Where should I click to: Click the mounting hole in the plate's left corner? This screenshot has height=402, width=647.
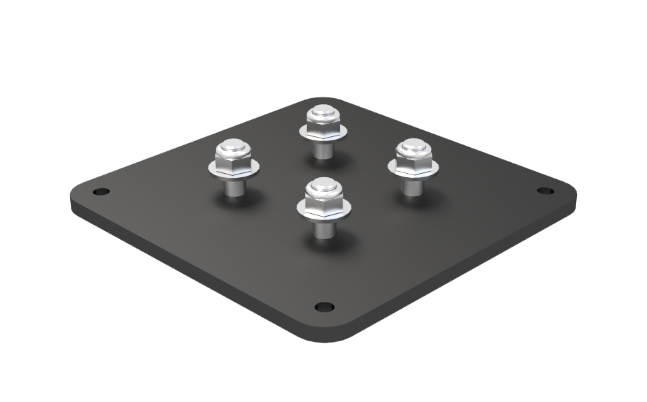101,192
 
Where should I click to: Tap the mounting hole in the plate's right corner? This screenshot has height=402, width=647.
544,191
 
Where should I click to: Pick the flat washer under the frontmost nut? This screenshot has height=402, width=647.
323,213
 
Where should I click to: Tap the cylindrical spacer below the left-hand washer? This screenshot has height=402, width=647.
234,187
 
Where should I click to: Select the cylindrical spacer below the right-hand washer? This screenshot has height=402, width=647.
410,186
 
